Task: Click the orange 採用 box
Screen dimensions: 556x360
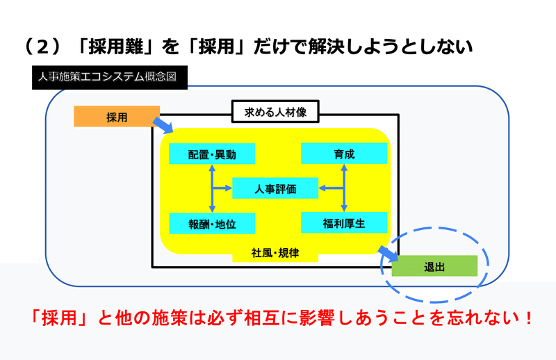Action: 117,116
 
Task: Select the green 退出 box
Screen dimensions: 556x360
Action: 434,266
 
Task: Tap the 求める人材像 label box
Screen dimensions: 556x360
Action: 275,112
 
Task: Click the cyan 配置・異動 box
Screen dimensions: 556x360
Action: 212,154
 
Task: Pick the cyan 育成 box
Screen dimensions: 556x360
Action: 344,153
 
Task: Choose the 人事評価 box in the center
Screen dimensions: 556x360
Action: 275,188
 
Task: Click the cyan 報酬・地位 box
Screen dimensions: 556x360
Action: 212,224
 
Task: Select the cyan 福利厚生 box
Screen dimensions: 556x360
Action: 344,222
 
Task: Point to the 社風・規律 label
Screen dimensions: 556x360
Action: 275,253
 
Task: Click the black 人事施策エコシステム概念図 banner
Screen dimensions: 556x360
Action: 110,77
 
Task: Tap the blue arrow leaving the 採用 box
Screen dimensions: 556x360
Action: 163,125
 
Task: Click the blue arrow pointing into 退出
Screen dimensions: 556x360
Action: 388,254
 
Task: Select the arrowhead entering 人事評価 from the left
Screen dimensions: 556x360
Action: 229,188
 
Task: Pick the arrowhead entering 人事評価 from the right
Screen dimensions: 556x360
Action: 322,188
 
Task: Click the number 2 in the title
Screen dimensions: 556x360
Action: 42,47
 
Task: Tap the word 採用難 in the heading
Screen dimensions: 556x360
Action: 115,47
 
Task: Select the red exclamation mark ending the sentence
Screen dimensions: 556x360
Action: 529,318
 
